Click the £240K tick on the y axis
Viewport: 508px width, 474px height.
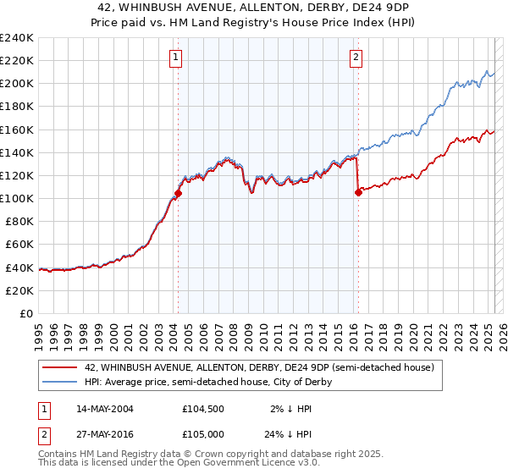(x=16, y=38)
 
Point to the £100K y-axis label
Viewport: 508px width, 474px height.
(x=16, y=198)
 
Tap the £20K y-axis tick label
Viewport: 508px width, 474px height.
(x=19, y=290)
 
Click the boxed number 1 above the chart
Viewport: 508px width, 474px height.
(x=175, y=58)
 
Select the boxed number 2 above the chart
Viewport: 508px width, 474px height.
(x=356, y=58)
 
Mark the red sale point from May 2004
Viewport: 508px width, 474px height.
(x=179, y=193)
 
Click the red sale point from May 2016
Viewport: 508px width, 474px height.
(x=358, y=192)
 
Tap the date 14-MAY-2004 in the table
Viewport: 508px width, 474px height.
(x=104, y=408)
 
